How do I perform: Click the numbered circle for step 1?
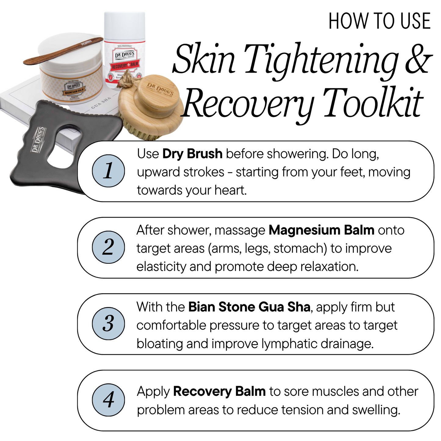(108, 171)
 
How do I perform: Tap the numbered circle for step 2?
(108, 247)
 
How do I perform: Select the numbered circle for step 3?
(108, 324)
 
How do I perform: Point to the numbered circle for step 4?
(108, 400)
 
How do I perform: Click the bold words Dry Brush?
(192, 154)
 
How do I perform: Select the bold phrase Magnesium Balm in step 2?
(321, 230)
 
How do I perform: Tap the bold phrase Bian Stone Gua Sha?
(249, 307)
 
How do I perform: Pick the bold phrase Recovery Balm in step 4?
(219, 392)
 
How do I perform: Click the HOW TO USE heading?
(379, 21)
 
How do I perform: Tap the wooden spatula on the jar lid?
(63, 51)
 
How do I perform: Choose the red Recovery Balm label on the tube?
(125, 66)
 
